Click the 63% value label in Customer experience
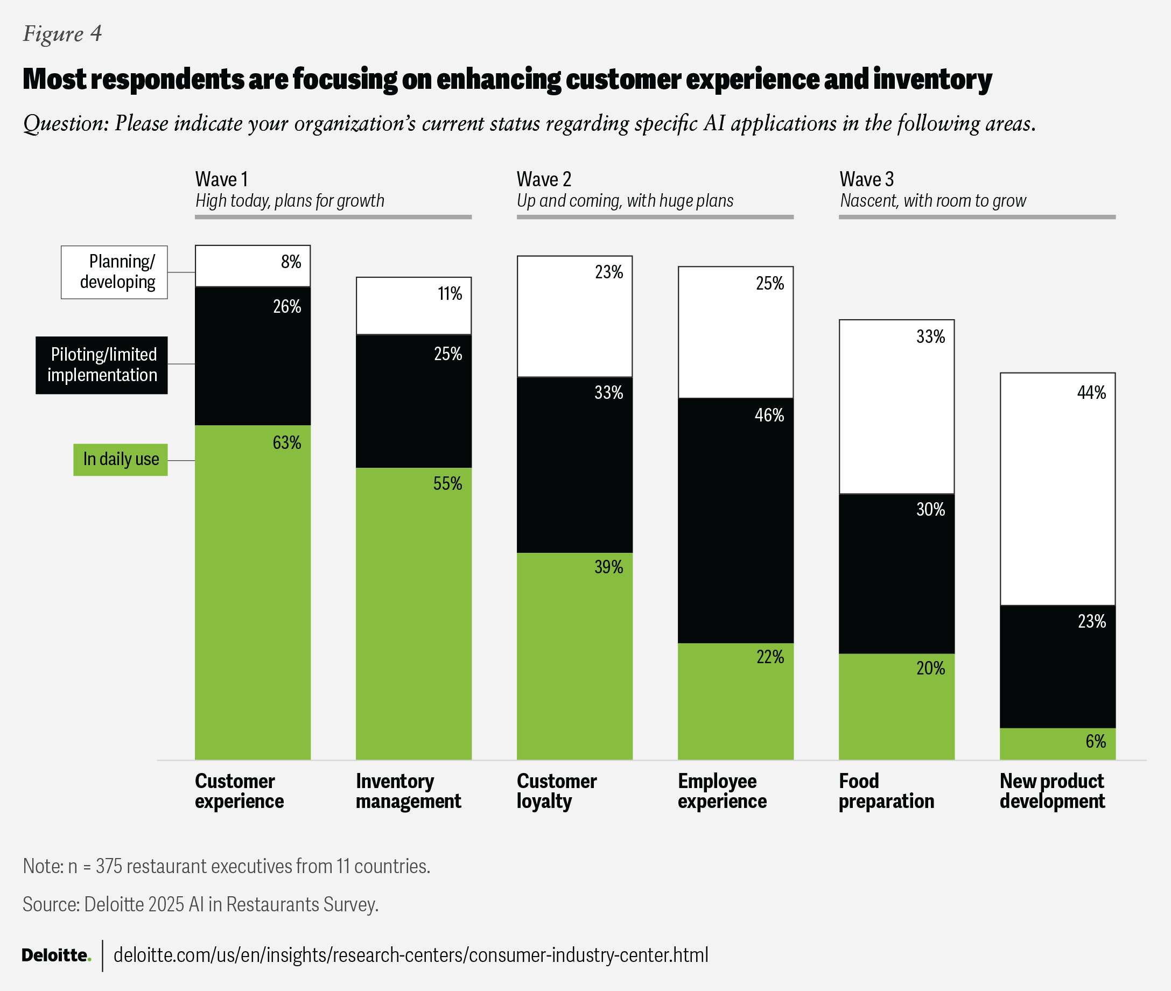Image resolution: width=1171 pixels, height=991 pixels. pos(286,442)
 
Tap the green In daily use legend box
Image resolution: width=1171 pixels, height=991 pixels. pos(120,460)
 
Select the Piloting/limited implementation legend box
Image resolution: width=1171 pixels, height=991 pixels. pos(102,364)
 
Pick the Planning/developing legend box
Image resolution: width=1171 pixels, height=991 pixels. pos(114,272)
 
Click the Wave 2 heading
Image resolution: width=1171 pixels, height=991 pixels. pos(543,179)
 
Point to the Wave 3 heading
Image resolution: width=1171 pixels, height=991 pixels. pos(866,179)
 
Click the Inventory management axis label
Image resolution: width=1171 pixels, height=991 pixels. pos(409,790)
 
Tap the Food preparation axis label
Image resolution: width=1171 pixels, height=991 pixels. pos(886,790)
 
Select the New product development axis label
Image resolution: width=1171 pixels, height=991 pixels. pos(1052,790)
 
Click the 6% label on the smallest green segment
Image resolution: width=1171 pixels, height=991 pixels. pos(1095,741)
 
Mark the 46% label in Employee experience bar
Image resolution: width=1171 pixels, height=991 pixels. pos(769,415)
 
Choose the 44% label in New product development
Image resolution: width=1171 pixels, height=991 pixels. pos(1091,392)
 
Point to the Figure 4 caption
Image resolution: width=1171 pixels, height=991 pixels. pos(62,34)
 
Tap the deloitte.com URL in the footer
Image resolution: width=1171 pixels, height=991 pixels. pos(411,954)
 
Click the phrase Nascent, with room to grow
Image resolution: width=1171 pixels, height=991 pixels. pos(932,201)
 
